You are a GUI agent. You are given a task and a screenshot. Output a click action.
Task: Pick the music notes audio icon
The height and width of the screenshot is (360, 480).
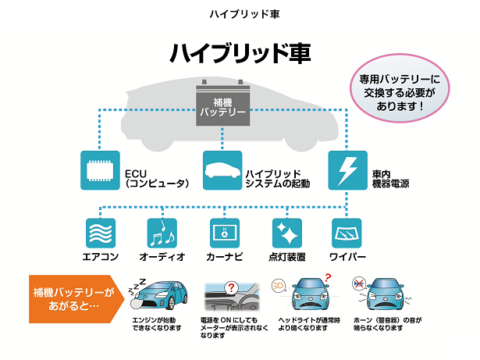[x=162, y=233]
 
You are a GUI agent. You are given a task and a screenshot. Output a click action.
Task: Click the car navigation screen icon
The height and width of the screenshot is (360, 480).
[x=225, y=233]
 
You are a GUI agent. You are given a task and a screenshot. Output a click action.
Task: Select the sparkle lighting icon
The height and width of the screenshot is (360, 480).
[x=286, y=233]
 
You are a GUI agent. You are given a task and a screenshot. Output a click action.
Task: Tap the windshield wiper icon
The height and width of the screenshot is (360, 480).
[x=347, y=233]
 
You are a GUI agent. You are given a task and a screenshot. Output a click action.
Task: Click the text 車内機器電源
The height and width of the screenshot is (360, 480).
[x=391, y=178]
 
